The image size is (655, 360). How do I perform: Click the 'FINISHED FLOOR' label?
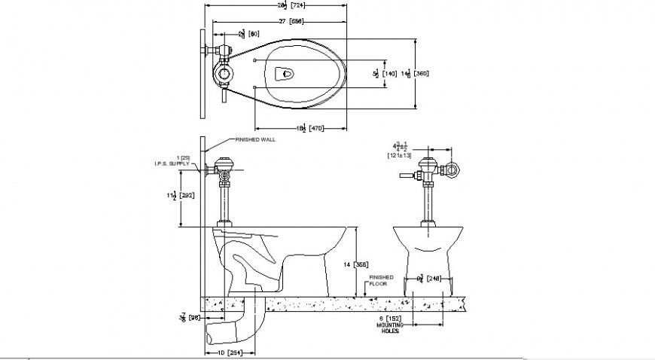(x=380, y=282)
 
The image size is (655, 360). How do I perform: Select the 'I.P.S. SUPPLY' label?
(x=172, y=163)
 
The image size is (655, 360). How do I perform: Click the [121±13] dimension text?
(x=398, y=155)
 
